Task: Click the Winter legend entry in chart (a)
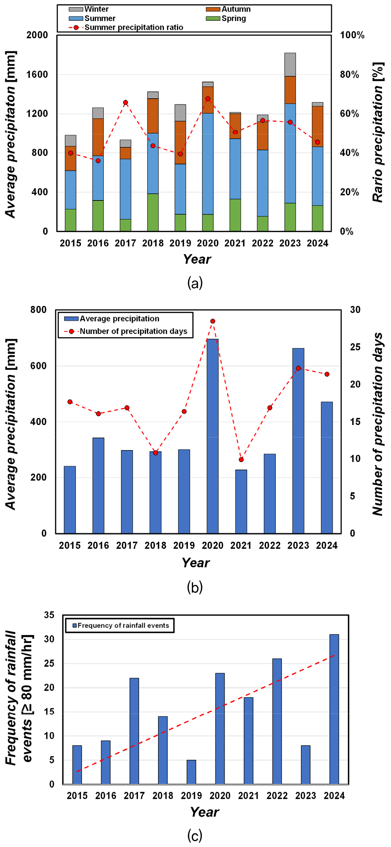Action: tap(89, 9)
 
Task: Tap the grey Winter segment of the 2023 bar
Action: tap(290, 65)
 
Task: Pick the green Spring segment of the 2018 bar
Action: tap(153, 212)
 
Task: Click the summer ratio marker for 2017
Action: tap(126, 103)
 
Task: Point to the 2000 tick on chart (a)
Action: tap(37, 35)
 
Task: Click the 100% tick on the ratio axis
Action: tap(352, 35)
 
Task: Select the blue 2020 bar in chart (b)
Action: tap(213, 436)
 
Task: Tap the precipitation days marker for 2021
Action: tap(241, 459)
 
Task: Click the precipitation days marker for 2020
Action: tap(213, 321)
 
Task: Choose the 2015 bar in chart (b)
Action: tap(70, 500)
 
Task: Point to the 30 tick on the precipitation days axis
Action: tap(355, 310)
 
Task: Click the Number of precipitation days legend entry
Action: tap(126, 331)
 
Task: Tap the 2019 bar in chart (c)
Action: tap(191, 772)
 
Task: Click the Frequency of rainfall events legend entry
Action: tap(120, 625)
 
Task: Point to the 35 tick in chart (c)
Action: tap(49, 615)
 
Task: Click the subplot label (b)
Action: tap(195, 587)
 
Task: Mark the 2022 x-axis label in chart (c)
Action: tap(277, 796)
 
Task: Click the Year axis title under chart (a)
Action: tap(197, 259)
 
